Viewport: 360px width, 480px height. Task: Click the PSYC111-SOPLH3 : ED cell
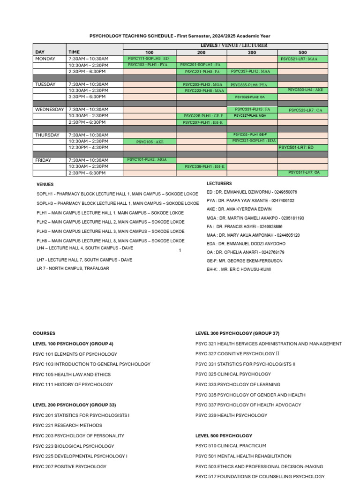click(149, 59)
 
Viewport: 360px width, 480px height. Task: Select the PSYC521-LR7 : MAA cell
click(302, 59)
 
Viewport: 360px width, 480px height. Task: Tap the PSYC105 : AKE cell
click(150, 142)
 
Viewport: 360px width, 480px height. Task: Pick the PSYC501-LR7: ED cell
click(302, 147)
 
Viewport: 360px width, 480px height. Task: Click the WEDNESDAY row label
click(49, 109)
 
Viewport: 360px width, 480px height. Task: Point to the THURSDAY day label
click(47, 135)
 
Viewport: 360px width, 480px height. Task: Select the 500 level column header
click(302, 52)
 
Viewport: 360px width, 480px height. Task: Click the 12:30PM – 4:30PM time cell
click(88, 147)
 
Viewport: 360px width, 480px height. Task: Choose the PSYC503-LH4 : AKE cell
click(305, 90)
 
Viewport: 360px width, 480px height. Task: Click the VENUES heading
click(45, 185)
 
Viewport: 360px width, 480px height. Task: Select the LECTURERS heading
click(219, 184)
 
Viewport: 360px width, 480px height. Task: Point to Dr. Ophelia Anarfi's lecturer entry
click(245, 252)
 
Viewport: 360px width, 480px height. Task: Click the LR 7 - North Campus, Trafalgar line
click(73, 268)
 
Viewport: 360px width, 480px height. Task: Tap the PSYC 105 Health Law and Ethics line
click(72, 375)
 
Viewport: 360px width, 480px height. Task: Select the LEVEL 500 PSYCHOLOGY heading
click(224, 435)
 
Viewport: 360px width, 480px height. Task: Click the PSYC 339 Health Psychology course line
click(231, 415)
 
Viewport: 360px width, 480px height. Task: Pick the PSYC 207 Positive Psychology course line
click(69, 466)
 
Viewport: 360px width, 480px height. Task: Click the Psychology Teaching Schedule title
click(180, 36)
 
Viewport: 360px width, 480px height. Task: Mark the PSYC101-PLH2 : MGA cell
click(147, 160)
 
